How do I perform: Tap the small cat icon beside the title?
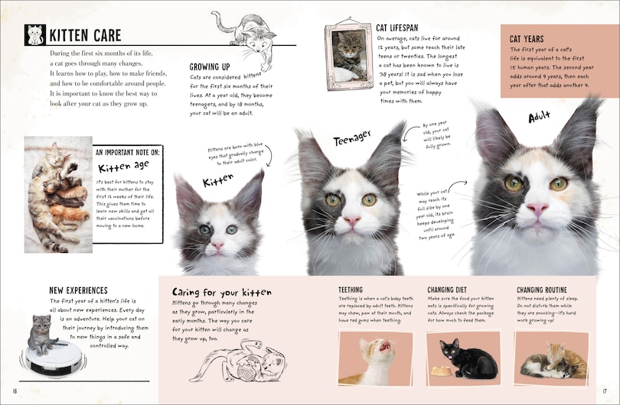(34, 35)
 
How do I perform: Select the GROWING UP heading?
(210, 66)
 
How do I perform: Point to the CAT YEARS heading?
(527, 38)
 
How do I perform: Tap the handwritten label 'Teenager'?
(351, 138)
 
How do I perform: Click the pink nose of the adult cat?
(537, 209)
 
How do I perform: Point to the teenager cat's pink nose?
(351, 220)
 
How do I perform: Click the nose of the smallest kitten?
(217, 246)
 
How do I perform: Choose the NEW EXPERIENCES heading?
(77, 290)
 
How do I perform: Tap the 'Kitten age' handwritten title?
(124, 167)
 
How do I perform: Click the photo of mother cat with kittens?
(57, 194)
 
